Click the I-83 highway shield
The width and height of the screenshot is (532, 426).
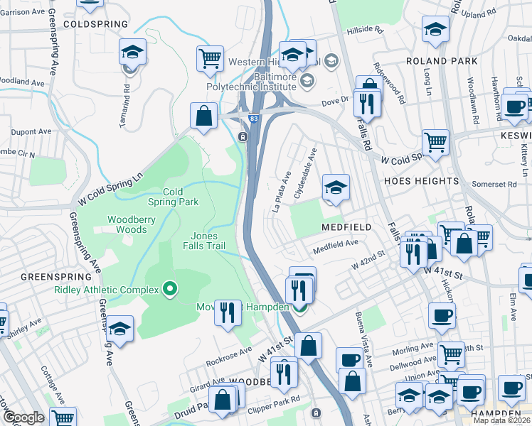[x=254, y=120]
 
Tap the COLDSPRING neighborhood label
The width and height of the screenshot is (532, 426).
[x=95, y=24]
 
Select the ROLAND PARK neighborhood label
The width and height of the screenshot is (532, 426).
[x=442, y=61]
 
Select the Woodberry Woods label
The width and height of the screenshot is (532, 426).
[x=131, y=224]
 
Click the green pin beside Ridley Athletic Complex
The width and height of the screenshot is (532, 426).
[x=169, y=289]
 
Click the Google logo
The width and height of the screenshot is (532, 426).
[x=23, y=417]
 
